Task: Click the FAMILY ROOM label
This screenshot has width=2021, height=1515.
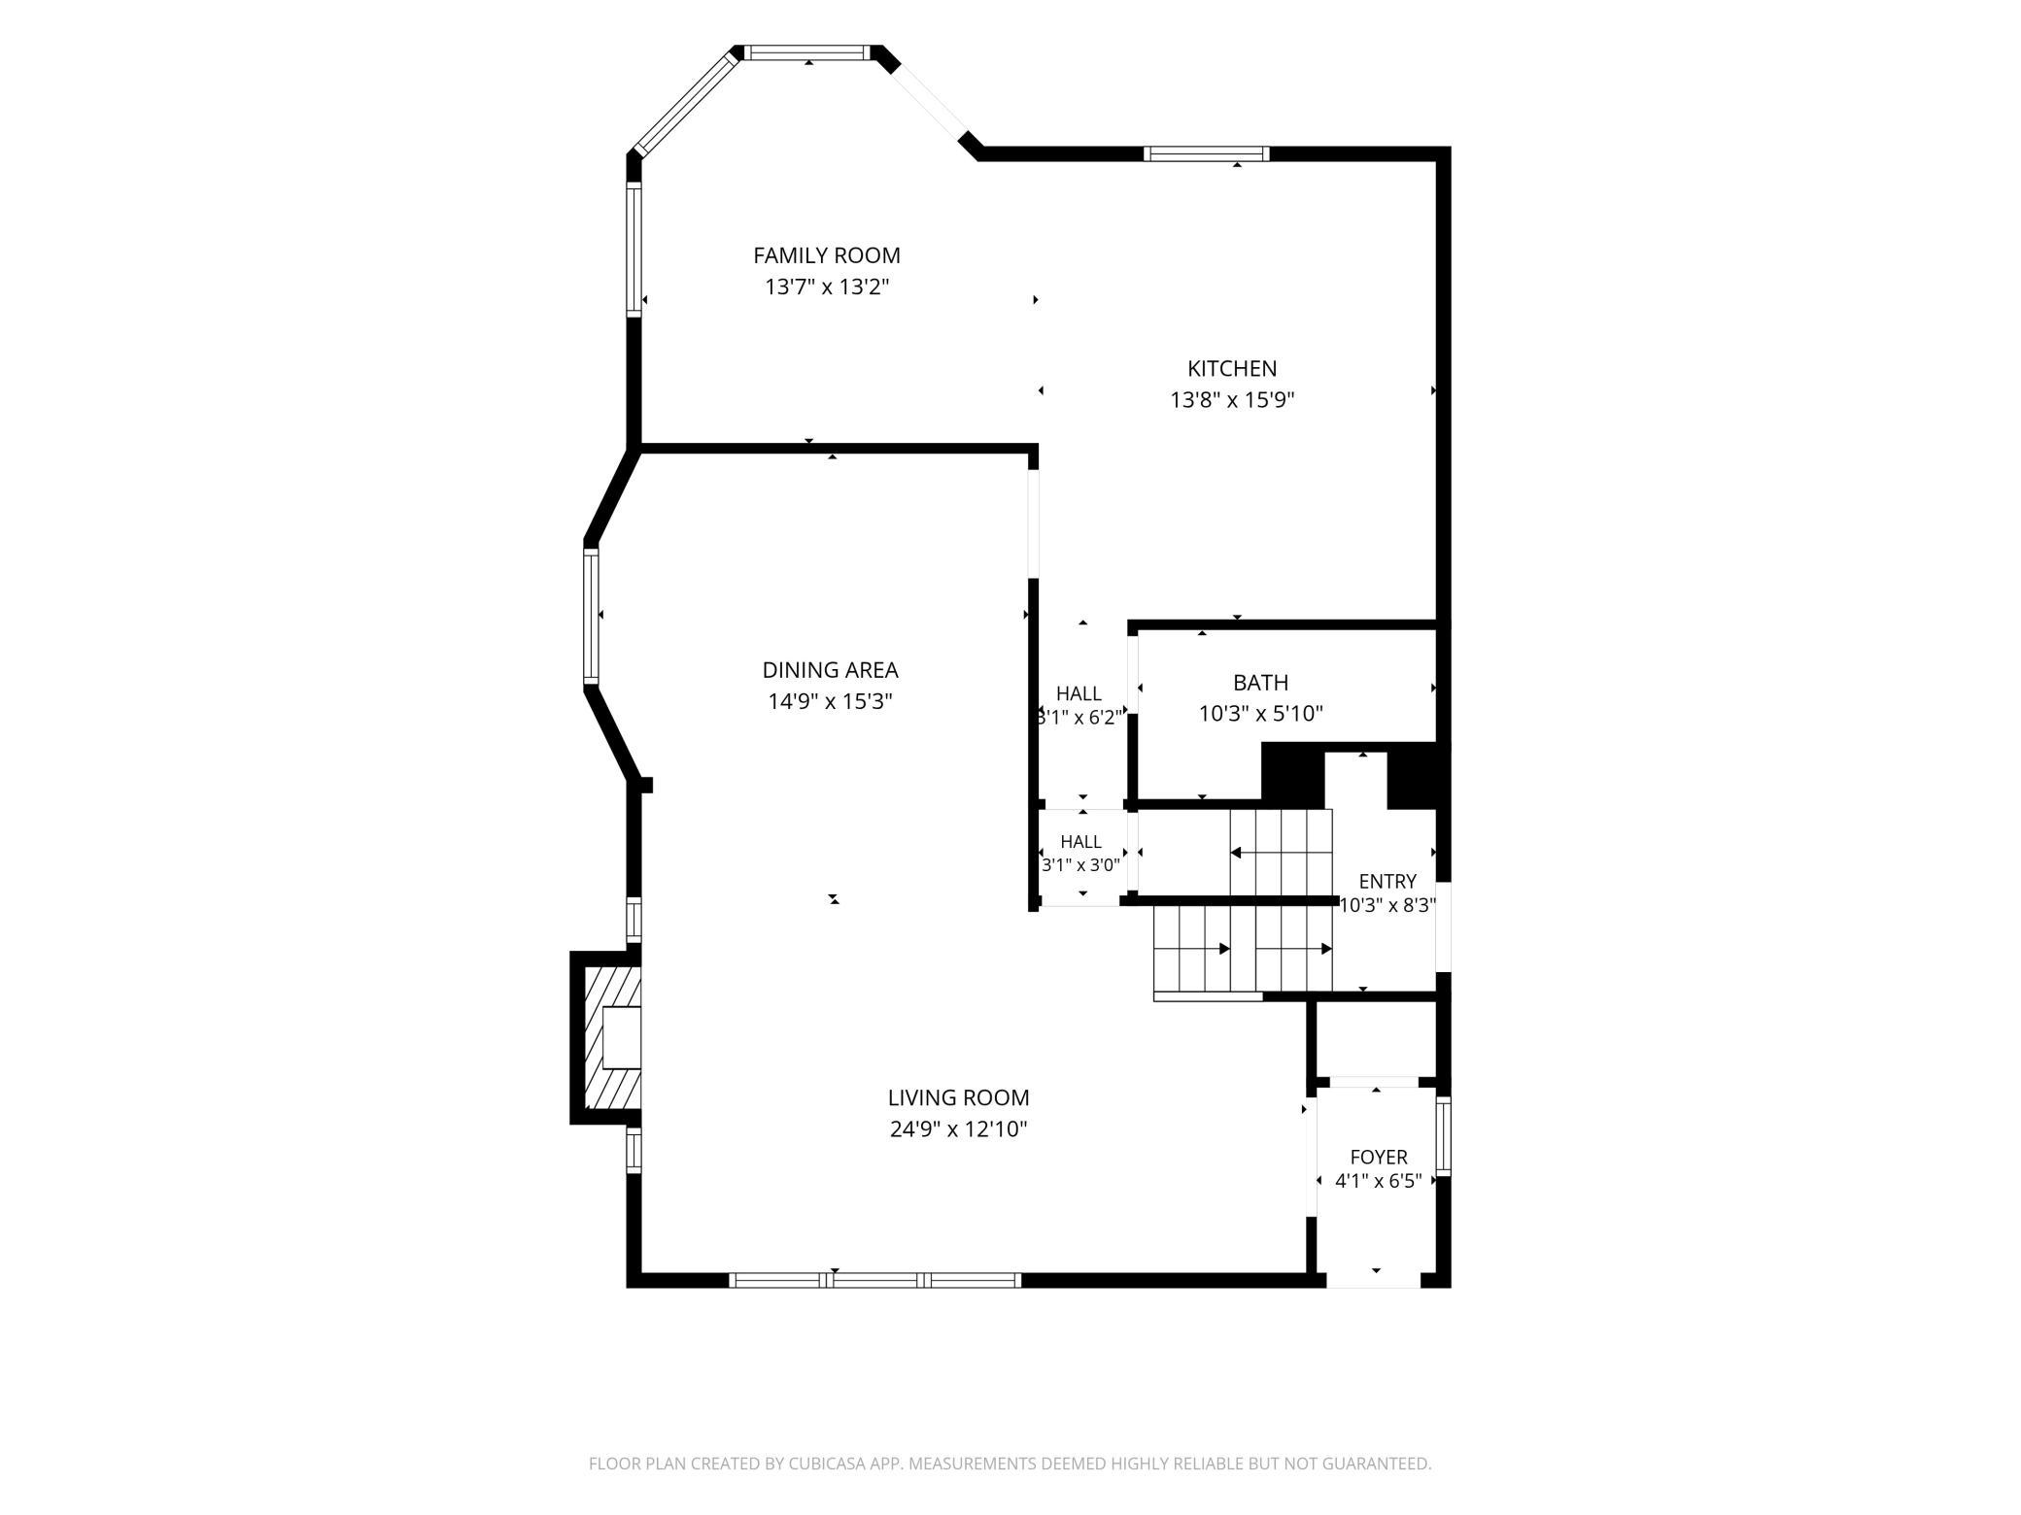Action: point(827,255)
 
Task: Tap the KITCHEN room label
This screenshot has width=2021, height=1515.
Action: point(1232,369)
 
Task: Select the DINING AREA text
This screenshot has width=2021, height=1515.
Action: point(830,670)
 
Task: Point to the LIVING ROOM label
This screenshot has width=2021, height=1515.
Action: point(958,1097)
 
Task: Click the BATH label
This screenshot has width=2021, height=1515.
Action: point(1260,683)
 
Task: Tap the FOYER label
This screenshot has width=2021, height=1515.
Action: point(1379,1157)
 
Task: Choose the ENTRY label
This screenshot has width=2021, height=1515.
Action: point(1387,881)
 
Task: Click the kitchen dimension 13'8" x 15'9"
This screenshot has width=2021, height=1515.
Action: point(1232,400)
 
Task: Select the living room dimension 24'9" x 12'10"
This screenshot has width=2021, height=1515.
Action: point(958,1128)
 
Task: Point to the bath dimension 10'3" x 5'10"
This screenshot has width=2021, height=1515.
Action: point(1260,714)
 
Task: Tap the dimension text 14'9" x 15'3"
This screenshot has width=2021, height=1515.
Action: point(830,701)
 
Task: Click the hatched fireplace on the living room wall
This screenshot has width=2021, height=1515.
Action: point(606,1038)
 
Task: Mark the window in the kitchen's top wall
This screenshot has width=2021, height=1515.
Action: point(1206,153)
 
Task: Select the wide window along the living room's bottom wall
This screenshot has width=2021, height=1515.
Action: point(874,1280)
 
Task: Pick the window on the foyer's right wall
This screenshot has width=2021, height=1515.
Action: point(1443,1136)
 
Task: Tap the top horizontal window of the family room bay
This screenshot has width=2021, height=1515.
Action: point(808,52)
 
